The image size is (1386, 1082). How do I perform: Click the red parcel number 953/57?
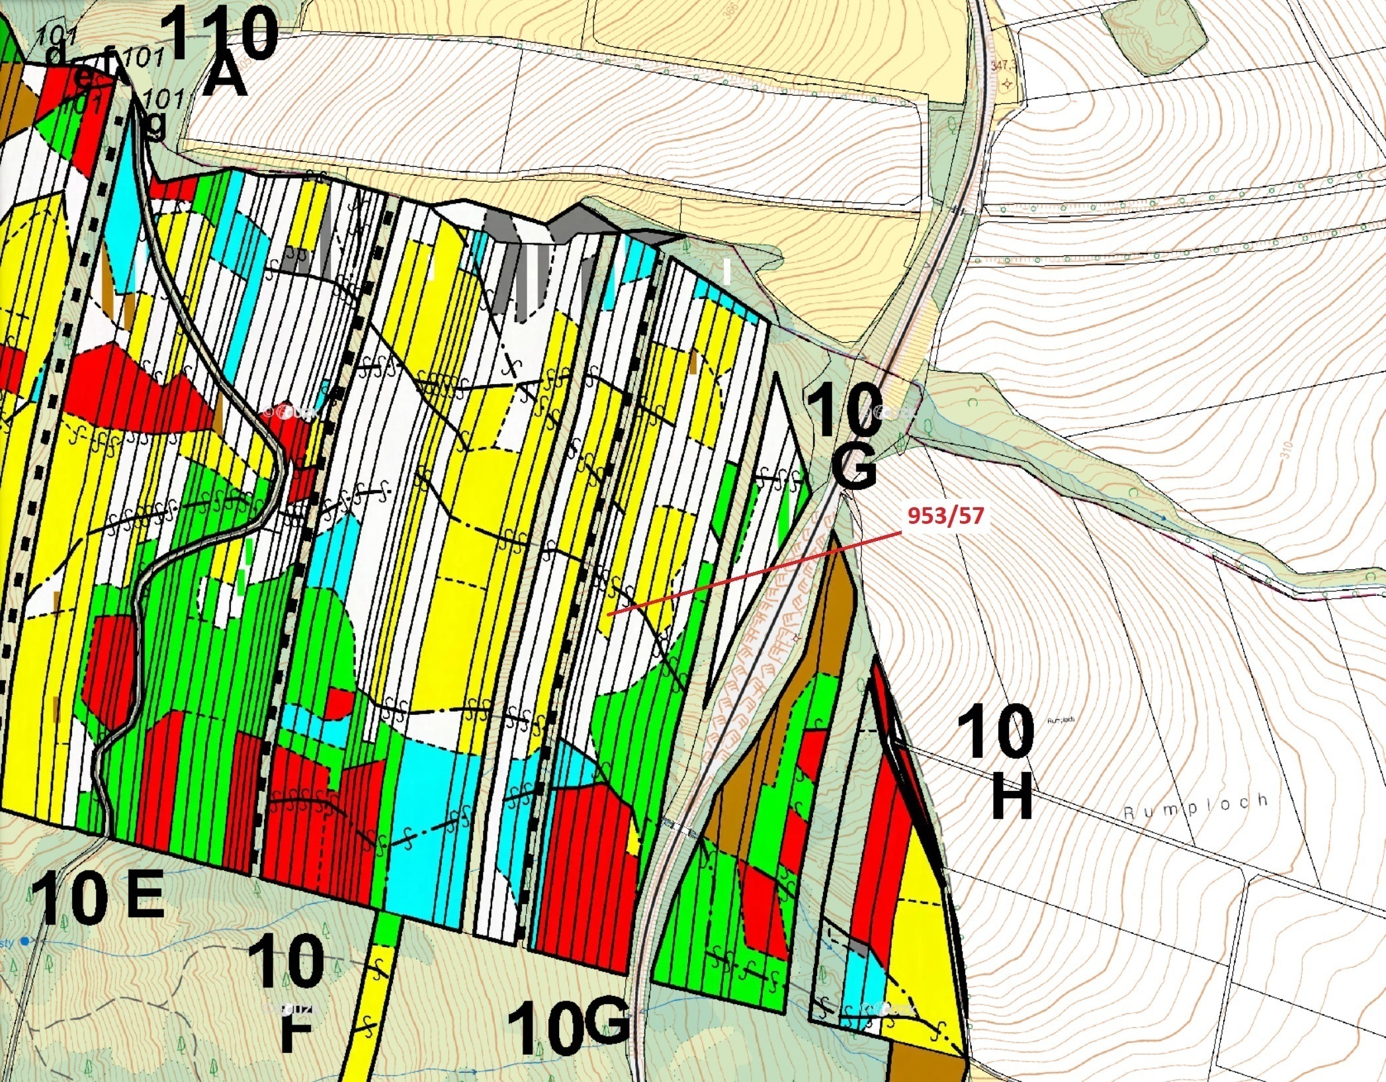[x=945, y=515]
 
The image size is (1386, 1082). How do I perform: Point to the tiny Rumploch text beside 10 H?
[x=1061, y=720]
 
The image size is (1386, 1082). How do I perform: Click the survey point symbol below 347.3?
[x=1007, y=84]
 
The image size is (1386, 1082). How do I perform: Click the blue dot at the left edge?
[x=25, y=941]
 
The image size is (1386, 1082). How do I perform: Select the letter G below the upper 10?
[x=853, y=464]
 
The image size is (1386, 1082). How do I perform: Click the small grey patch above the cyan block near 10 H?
[x=858, y=948]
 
